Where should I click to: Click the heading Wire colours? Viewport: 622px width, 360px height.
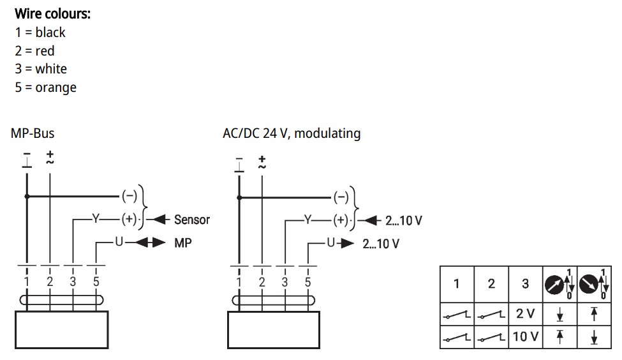click(52, 13)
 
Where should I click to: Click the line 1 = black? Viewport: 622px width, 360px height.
click(40, 32)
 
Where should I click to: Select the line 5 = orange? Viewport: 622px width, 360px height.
click(46, 87)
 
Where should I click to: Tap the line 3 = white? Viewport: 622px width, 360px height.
click(41, 69)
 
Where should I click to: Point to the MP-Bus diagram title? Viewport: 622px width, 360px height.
click(33, 133)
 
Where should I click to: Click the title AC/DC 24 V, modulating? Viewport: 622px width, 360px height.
click(292, 133)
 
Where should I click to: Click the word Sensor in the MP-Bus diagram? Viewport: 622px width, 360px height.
click(192, 220)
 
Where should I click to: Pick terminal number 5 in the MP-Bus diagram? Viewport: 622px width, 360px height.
click(96, 281)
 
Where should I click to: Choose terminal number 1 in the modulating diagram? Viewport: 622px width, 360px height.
click(239, 281)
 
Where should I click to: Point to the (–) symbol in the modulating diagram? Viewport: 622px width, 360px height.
click(341, 196)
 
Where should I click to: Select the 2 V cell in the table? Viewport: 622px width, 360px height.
click(525, 313)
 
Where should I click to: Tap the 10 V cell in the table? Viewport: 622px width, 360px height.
click(525, 336)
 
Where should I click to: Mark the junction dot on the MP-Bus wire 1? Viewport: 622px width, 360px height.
click(27, 196)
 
